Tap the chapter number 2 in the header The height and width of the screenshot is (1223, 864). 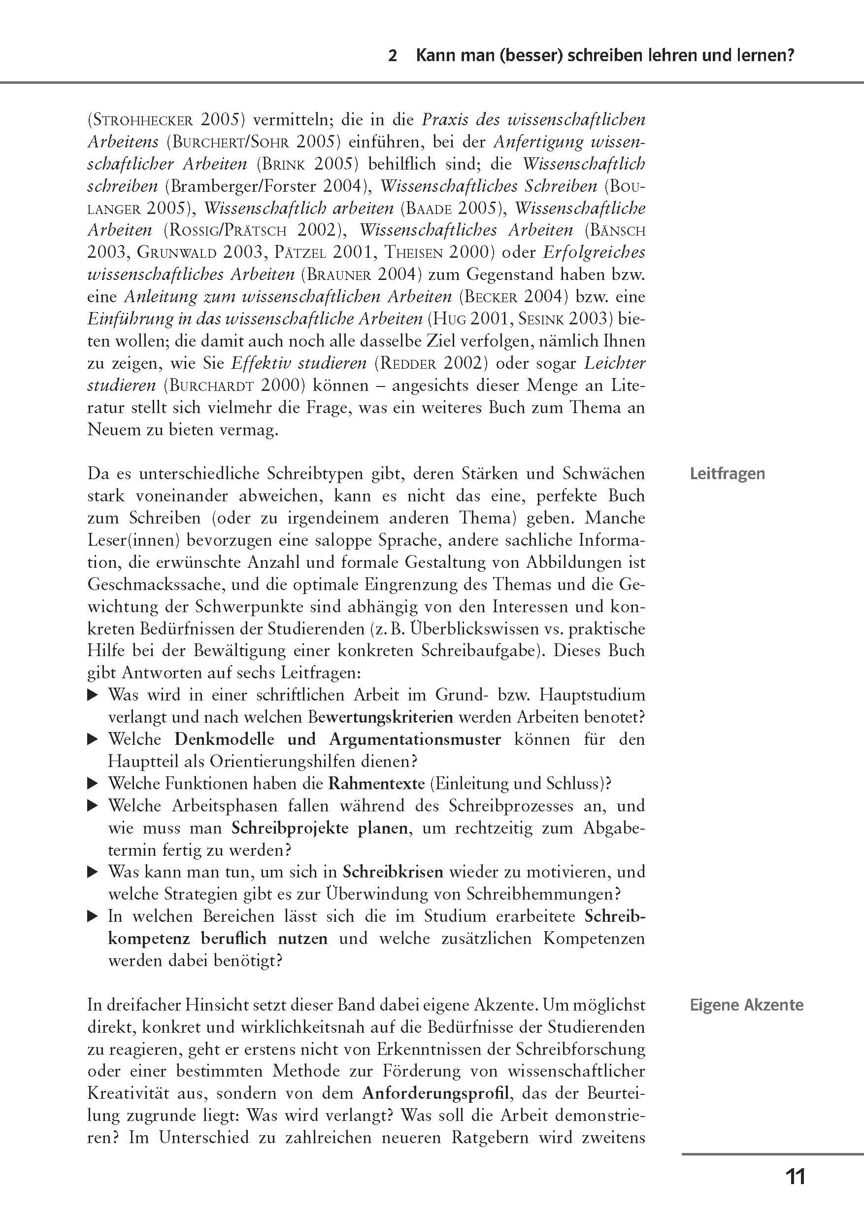(x=393, y=56)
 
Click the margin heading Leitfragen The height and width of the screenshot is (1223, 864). (x=727, y=474)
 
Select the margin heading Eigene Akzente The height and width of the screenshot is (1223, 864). (x=746, y=1005)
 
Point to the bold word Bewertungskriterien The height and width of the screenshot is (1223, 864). (x=380, y=718)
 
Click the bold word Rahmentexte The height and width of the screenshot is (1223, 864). (x=376, y=784)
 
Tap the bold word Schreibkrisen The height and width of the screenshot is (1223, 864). (x=393, y=872)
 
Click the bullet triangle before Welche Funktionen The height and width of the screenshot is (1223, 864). (x=93, y=784)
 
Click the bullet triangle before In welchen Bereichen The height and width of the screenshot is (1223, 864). (x=93, y=917)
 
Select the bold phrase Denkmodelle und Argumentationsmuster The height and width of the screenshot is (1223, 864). (x=337, y=739)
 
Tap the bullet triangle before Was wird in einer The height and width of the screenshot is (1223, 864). (x=93, y=695)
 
